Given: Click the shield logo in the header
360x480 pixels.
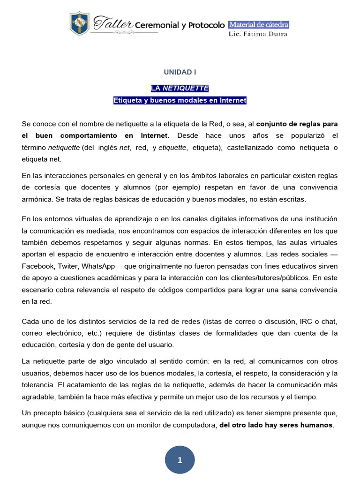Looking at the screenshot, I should tap(79, 23).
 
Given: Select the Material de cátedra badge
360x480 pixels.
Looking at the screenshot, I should tap(258, 24).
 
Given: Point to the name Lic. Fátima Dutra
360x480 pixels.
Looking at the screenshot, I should tap(258, 34).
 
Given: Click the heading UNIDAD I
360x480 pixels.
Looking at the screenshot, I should tap(180, 72).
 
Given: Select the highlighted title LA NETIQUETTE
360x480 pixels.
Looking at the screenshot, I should tap(180, 88).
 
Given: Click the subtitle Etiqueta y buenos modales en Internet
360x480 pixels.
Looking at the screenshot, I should tap(180, 100).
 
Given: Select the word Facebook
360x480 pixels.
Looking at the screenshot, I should tap(38, 266).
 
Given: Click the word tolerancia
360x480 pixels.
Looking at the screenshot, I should tap(37, 385).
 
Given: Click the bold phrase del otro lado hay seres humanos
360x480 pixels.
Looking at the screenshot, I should tap(276, 425).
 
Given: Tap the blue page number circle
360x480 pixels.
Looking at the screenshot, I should tap(180, 460).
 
